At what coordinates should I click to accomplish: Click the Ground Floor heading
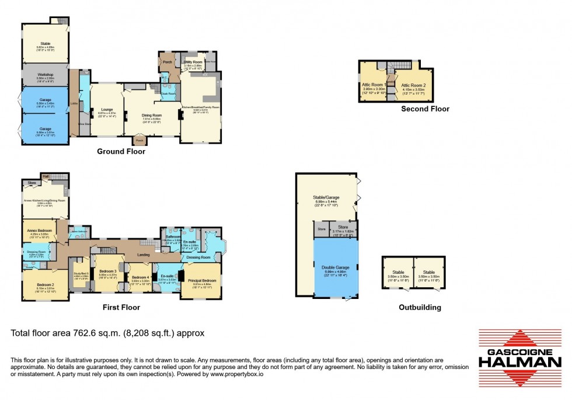pyautogui.click(x=121, y=152)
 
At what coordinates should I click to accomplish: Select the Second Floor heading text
pyautogui.click(x=425, y=109)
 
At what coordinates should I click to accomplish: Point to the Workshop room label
pyautogui.click(x=46, y=75)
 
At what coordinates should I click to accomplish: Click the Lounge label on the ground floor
pyautogui.click(x=106, y=109)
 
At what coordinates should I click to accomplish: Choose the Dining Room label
pyautogui.click(x=152, y=116)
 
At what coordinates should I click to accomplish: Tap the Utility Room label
pyautogui.click(x=193, y=61)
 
